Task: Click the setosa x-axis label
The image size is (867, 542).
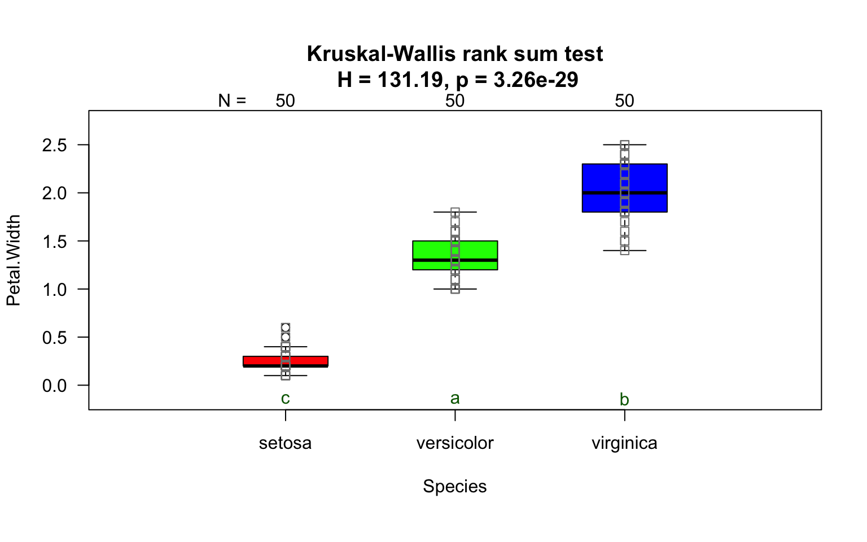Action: coord(285,443)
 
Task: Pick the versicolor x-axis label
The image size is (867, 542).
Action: coord(455,443)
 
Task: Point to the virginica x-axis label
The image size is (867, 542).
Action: coord(624,443)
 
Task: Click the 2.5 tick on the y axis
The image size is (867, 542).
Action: coord(54,145)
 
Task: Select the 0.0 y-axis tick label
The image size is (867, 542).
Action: coord(54,386)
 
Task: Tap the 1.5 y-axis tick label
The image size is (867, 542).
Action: coord(54,242)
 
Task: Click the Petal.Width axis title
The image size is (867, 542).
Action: coord(14,260)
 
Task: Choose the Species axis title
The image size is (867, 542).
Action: coord(454,487)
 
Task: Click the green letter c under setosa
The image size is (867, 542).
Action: coord(285,399)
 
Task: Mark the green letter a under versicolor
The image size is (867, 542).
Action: coord(455,399)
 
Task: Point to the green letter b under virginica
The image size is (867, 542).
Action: coord(624,400)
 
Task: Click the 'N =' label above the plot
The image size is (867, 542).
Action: coord(232,101)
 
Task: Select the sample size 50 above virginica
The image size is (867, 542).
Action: coord(624,101)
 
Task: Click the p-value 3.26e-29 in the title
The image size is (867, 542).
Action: coord(536,80)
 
